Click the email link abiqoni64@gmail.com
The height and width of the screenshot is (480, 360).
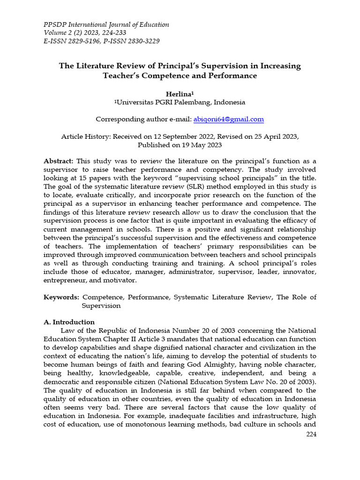[x=228, y=120]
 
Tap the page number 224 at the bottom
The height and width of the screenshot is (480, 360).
[x=311, y=435]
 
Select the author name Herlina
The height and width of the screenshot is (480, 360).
[x=180, y=94]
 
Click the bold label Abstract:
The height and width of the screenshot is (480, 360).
[x=59, y=160]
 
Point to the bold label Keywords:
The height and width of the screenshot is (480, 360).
[x=61, y=297]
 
